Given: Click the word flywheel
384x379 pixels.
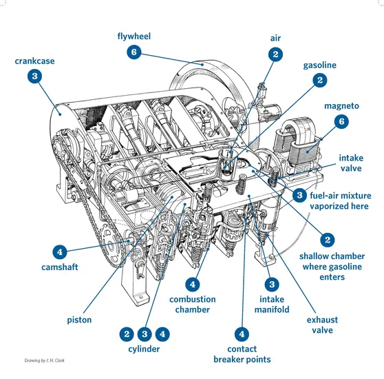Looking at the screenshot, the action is tap(134, 37).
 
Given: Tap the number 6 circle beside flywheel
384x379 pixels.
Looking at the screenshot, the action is tap(134, 52).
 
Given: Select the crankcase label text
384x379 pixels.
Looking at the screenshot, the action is tap(34, 61).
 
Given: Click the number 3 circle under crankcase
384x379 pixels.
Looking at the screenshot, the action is tap(34, 76).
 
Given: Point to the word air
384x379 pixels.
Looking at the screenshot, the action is tap(275, 38).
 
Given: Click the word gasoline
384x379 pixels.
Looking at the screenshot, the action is tap(319, 65).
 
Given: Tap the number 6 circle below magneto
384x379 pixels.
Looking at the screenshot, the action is tap(341, 121).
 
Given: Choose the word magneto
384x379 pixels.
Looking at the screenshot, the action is tap(341, 106).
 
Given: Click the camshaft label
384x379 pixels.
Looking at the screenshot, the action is tap(59, 267).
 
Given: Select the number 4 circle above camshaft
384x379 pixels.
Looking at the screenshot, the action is tap(59, 252).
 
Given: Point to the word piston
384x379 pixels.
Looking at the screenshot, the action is tap(79, 320).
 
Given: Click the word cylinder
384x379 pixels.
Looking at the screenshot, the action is tap(144, 349).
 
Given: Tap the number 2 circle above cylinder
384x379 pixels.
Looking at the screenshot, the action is tap(127, 334).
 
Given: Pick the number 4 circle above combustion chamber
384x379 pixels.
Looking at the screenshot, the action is tap(193, 285).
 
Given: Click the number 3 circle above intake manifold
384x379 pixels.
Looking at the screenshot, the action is tap(272, 285).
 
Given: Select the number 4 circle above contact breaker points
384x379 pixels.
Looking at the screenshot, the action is tap(242, 334).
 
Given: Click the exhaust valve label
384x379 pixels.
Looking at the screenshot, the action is tap(322, 325).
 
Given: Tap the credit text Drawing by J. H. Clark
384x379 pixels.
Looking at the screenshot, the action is tap(44, 360).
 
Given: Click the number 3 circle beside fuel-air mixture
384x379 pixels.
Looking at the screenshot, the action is tap(299, 196).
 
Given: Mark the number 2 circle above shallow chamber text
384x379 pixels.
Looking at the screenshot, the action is tap(328, 240).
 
